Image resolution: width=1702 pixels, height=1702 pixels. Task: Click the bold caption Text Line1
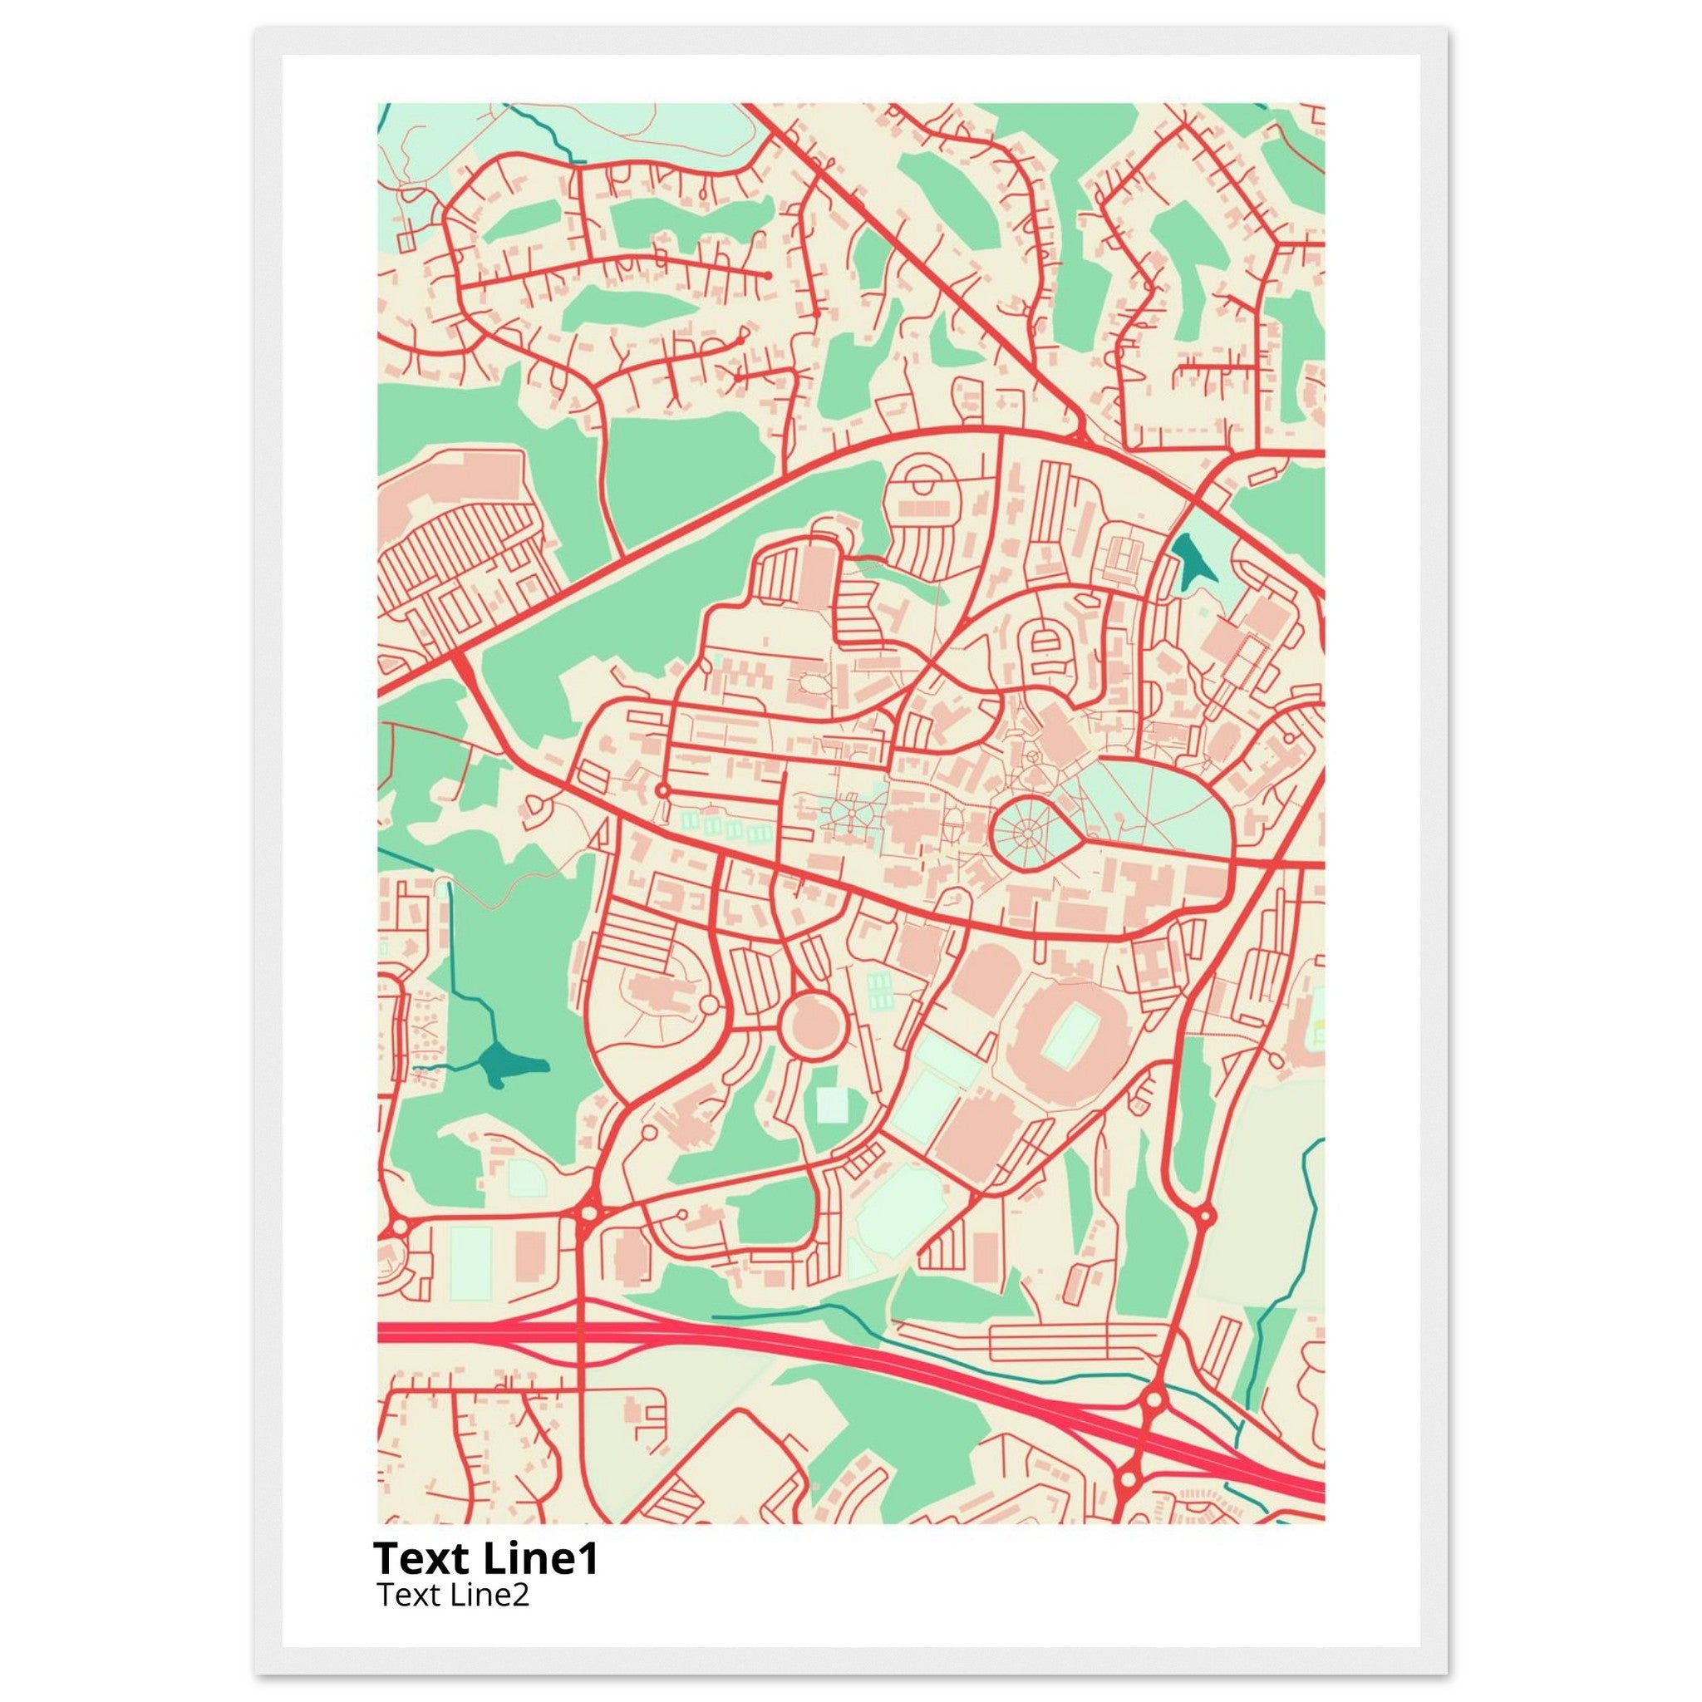pos(485,1557)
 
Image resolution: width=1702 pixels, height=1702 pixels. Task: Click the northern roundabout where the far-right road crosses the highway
pos(1154,1399)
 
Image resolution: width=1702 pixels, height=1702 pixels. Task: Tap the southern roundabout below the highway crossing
pos(1129,1469)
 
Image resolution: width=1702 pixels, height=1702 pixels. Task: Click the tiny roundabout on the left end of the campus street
pos(662,790)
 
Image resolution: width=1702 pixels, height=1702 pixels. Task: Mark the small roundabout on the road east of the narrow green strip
pos(1206,1217)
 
